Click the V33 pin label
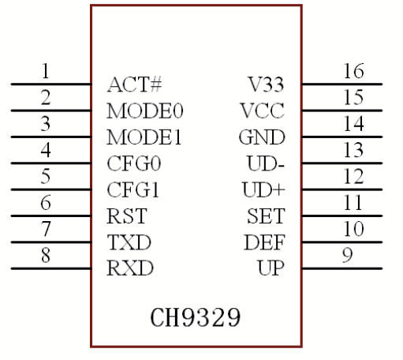pos(267,84)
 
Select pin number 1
pos(45,72)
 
